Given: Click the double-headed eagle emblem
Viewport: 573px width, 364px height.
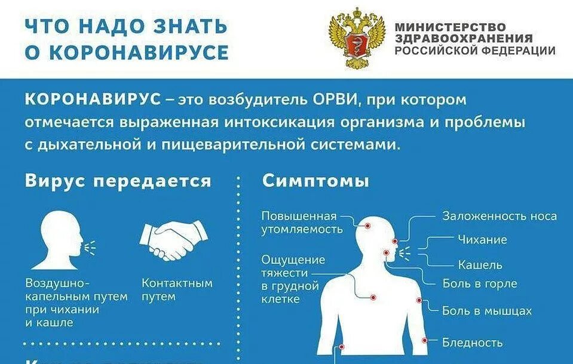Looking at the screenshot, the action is [x=357, y=38].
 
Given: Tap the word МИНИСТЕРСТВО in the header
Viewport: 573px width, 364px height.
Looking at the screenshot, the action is [x=450, y=27].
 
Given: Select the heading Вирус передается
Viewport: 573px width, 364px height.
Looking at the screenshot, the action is [x=118, y=181].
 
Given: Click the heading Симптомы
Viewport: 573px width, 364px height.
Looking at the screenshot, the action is [x=315, y=181].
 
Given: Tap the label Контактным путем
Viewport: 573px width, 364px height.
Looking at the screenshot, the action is [x=177, y=289].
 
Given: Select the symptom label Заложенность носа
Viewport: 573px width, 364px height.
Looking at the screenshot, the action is [x=500, y=216].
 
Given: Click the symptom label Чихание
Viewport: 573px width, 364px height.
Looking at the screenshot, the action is [x=482, y=240].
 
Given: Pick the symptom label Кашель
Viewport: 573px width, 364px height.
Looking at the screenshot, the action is [x=480, y=264].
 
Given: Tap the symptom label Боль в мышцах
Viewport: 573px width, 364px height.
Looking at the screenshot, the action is [x=486, y=311].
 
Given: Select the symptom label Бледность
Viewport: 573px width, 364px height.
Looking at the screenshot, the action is [x=472, y=343].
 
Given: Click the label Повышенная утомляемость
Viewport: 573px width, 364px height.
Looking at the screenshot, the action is [x=302, y=222].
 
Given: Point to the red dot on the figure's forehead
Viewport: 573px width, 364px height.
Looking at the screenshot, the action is [x=367, y=226].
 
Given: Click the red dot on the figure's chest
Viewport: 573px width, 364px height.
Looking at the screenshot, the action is [x=373, y=297].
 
